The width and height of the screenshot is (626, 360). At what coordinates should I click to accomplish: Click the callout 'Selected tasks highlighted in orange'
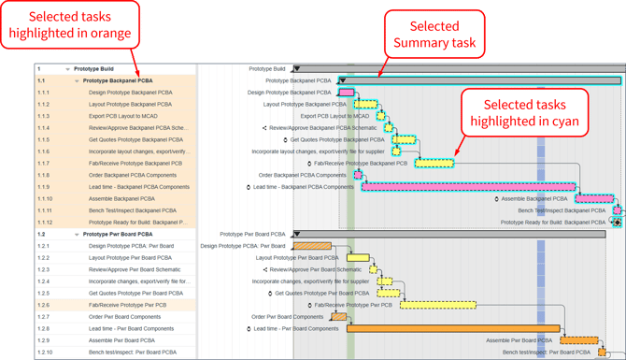click(x=71, y=25)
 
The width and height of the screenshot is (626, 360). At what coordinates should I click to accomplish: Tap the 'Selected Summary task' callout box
click(x=434, y=35)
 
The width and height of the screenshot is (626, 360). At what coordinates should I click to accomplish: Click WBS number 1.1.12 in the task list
click(x=46, y=223)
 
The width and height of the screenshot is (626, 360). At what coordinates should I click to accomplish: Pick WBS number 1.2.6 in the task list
click(x=44, y=305)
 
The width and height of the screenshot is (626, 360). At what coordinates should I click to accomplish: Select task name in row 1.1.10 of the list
click(x=121, y=199)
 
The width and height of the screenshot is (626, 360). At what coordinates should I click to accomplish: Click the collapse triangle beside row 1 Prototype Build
click(x=67, y=69)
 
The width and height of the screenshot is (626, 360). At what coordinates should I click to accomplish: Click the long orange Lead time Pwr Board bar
click(x=453, y=329)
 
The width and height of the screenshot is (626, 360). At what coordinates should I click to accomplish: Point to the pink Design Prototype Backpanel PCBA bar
click(x=346, y=93)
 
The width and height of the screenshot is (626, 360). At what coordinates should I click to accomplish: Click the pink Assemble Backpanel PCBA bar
click(x=594, y=199)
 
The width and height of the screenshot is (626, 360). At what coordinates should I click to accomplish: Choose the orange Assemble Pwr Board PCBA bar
click(x=578, y=340)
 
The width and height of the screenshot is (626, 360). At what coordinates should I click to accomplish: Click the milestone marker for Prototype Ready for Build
click(x=616, y=223)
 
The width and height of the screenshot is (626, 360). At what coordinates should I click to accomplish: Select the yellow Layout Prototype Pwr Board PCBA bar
click(x=358, y=258)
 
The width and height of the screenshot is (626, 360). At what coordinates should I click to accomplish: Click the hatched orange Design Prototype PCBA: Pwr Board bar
click(x=311, y=246)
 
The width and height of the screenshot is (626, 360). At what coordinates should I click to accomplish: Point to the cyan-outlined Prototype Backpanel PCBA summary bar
click(x=481, y=81)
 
